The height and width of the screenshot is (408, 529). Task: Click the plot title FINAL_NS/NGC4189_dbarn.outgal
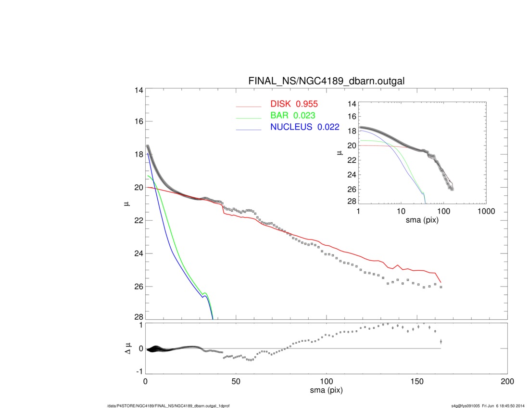326,81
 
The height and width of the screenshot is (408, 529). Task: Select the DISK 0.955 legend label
294,104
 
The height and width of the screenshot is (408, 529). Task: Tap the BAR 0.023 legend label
292,116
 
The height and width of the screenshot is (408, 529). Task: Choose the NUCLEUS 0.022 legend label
304,127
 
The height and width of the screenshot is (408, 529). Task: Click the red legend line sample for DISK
249,107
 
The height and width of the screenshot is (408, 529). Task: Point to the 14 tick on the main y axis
139,90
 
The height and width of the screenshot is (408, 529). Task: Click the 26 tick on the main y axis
139,287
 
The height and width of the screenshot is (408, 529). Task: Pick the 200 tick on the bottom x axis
507,382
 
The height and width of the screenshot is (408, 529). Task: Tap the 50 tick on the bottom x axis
236,382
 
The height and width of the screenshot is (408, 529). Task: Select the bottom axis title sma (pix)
326,390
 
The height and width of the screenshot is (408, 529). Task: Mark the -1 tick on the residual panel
139,372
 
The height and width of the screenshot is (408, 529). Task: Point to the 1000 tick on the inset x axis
486,211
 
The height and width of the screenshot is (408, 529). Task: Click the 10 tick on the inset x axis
401,211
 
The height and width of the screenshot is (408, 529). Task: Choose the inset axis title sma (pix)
422,220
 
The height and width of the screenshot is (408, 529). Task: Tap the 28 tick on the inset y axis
352,201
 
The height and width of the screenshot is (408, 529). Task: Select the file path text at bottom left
168,406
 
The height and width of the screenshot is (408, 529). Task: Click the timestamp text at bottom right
488,406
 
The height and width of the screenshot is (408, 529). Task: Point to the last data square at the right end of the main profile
441,287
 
